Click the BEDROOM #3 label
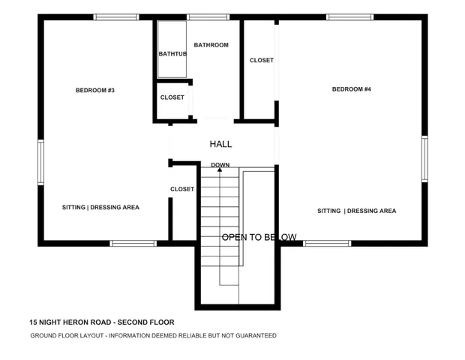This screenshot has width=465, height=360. (94, 91)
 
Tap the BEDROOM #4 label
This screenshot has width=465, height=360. (352, 90)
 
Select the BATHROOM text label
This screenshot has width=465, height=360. (211, 45)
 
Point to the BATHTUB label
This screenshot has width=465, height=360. (172, 54)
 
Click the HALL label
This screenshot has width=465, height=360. (220, 144)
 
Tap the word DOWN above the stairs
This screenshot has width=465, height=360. (220, 165)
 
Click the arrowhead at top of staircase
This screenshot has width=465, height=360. (220, 170)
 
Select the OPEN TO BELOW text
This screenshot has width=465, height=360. (259, 237)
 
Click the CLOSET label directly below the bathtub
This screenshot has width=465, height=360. (172, 97)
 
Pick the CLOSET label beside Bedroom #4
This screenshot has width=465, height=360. (261, 60)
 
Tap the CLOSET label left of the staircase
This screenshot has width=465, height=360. (182, 189)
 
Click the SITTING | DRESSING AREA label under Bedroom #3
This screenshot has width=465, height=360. (100, 207)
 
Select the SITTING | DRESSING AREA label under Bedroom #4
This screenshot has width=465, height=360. (356, 211)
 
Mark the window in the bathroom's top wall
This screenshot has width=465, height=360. (208, 16)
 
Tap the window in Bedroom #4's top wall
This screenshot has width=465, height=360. (349, 16)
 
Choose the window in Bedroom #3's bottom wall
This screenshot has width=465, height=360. (133, 243)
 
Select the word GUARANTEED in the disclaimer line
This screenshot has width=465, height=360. (252, 335)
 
